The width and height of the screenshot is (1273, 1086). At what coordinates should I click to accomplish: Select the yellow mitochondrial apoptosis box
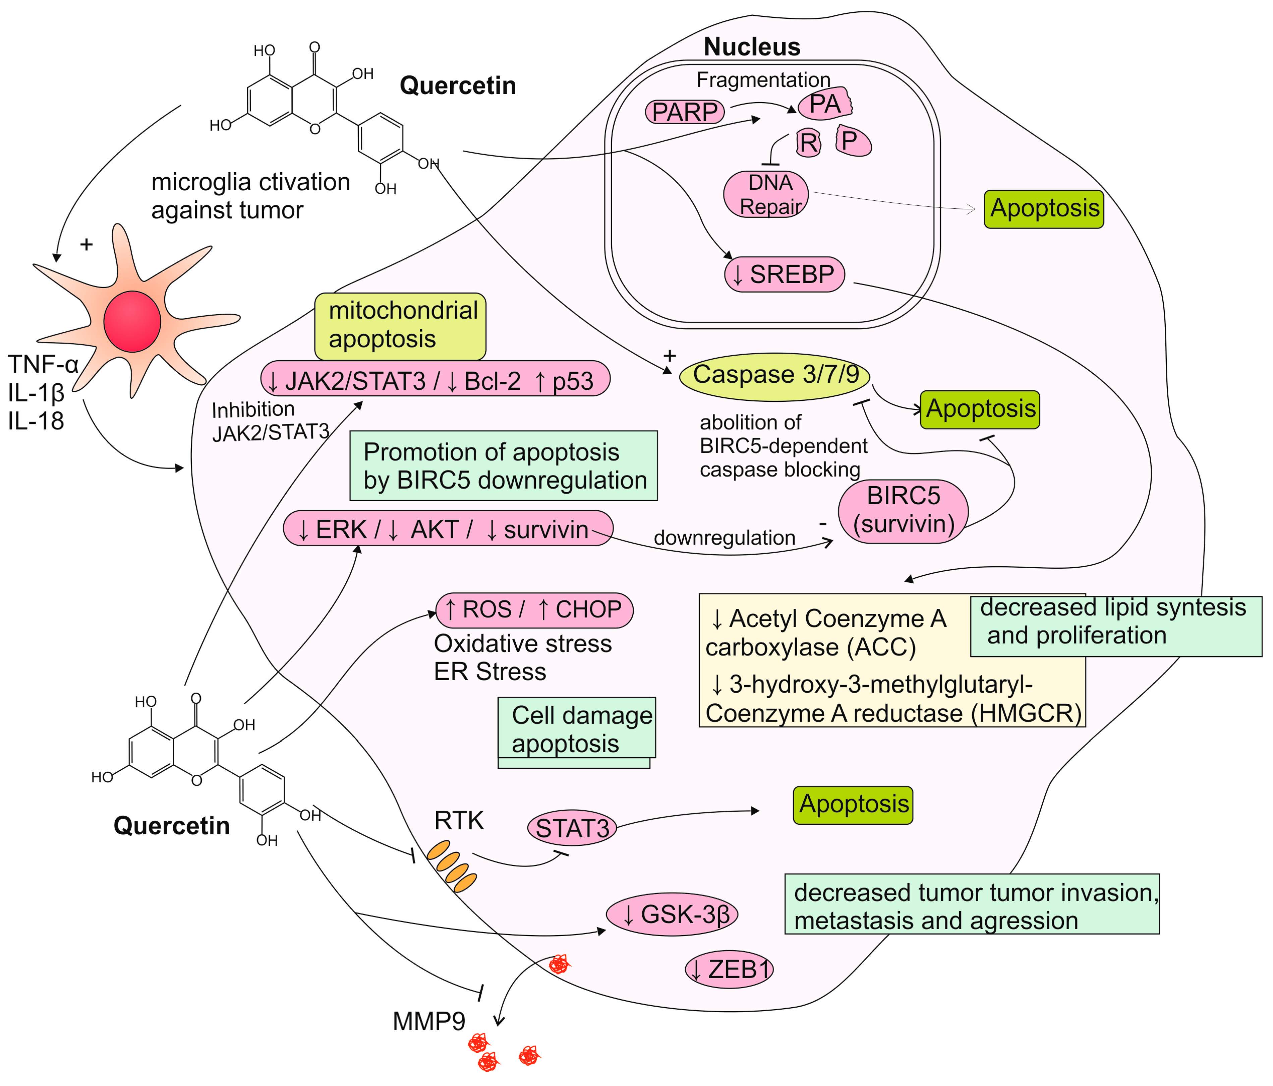400,326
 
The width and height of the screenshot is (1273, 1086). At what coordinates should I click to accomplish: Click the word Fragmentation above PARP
763,80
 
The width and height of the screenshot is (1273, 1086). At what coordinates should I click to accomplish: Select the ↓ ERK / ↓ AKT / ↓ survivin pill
448,528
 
